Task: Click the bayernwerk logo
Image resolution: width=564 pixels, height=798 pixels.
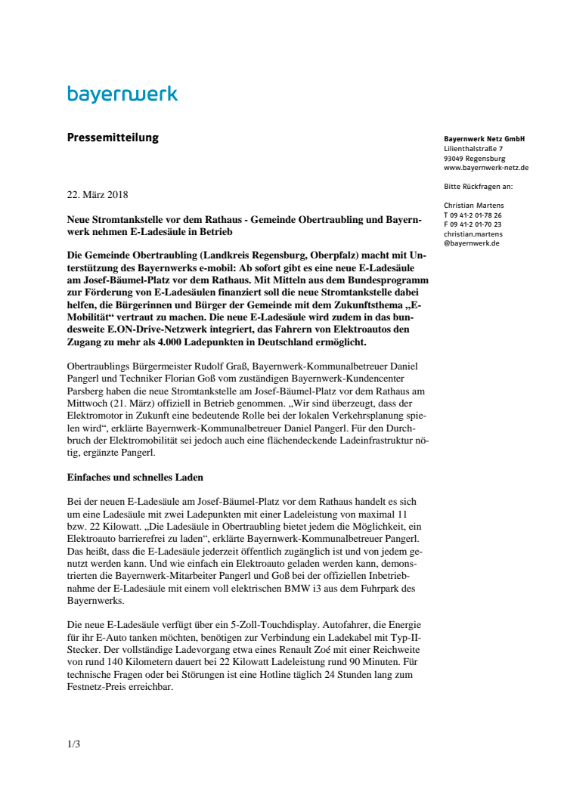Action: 122,94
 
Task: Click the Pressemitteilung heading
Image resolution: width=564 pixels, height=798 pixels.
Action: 113,138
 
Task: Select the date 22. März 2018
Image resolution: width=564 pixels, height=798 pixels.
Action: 98,194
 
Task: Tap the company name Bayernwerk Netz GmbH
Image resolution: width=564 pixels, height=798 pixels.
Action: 485,139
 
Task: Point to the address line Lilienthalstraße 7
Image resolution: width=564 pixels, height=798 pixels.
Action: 473,149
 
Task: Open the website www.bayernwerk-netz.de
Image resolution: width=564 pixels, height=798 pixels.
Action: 486,168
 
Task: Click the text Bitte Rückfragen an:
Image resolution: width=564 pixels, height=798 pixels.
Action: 479,186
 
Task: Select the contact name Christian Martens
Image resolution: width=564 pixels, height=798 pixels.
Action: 474,205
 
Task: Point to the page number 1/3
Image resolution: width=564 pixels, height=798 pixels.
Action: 73,744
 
